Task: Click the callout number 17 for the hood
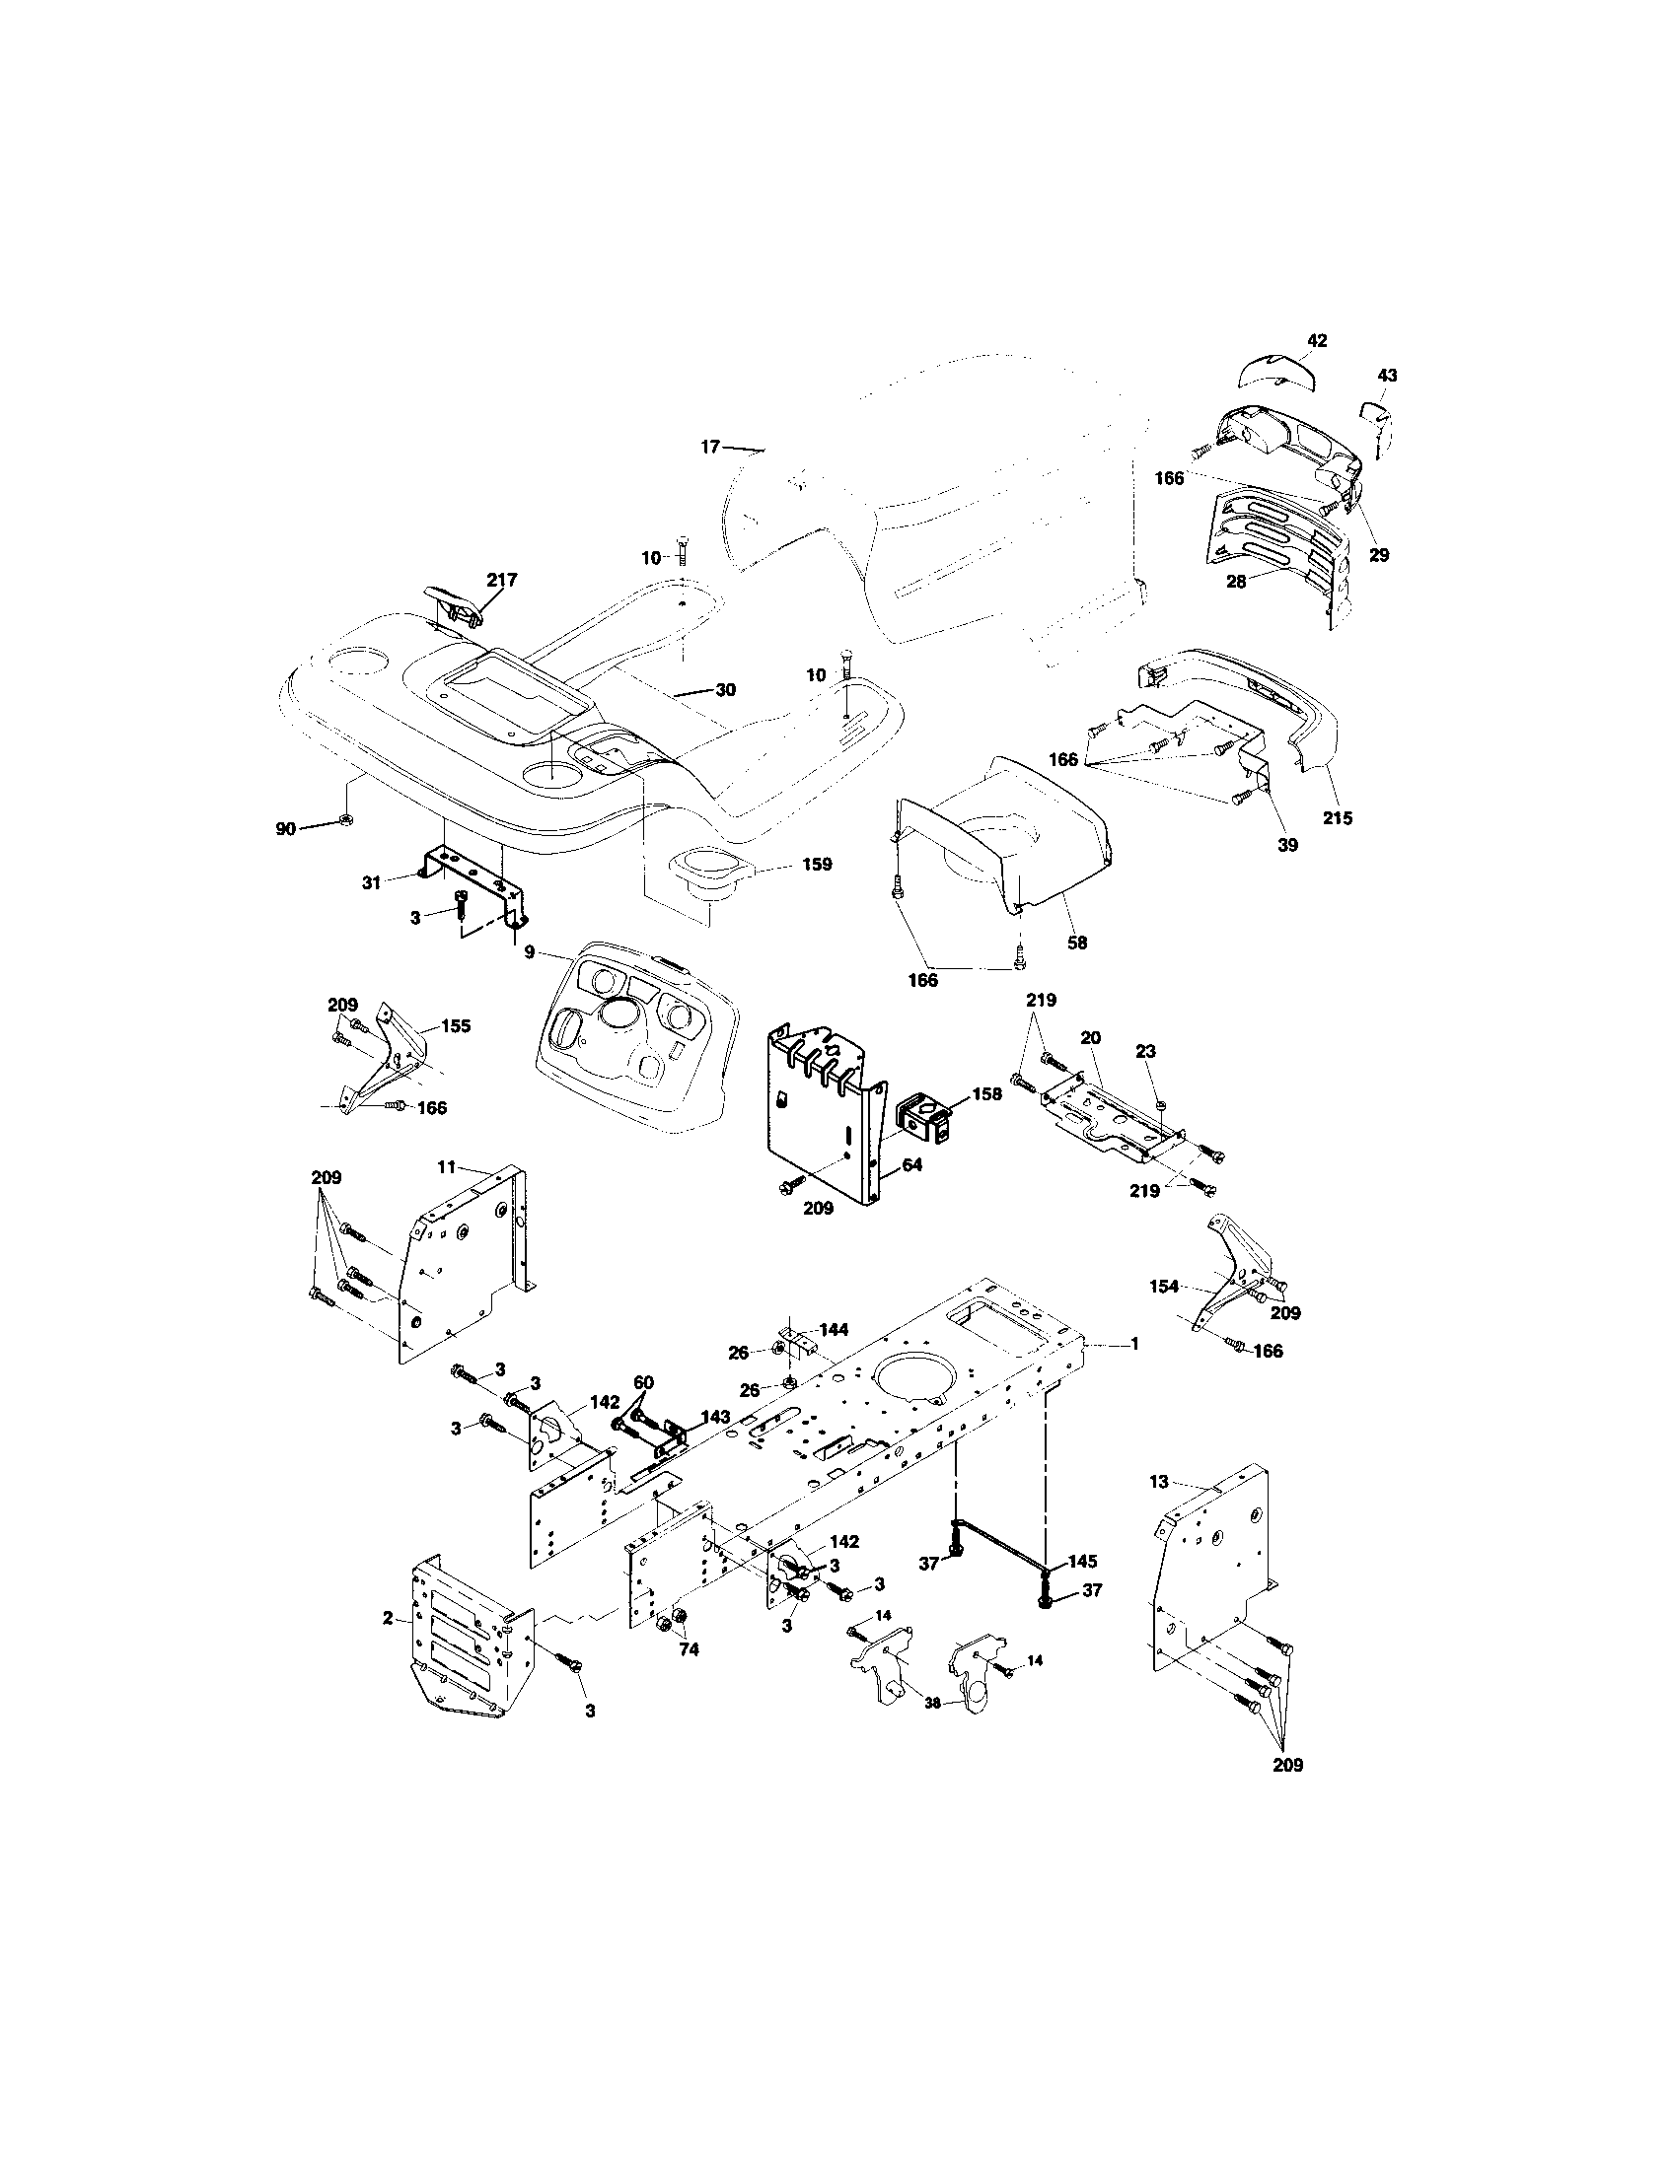point(709,448)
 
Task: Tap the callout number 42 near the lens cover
point(1315,341)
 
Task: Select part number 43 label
point(1387,376)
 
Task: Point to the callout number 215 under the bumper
point(1338,818)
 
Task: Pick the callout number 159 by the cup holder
point(817,864)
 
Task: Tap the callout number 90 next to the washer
point(285,828)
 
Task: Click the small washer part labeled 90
point(345,819)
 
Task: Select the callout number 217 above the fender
point(501,579)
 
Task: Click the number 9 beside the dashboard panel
point(530,951)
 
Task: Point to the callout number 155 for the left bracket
point(455,1026)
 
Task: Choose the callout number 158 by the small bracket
point(987,1093)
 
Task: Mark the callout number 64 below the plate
point(911,1164)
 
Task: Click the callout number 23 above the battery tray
point(1146,1051)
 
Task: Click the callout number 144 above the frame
point(834,1330)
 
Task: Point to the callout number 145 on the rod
point(1082,1561)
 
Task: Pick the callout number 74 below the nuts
point(688,1649)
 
